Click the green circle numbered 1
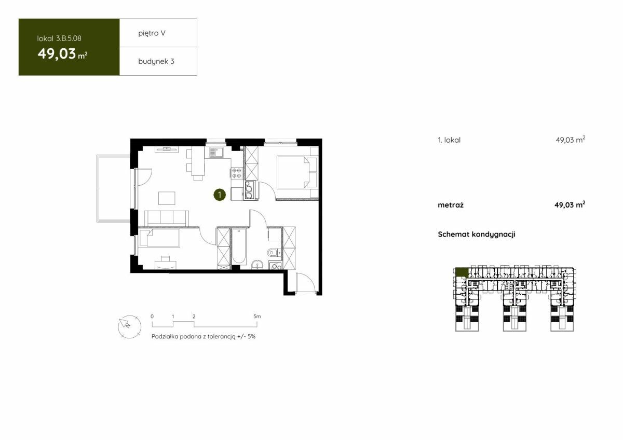click(220, 195)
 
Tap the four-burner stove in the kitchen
click(237, 173)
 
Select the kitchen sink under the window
click(216, 153)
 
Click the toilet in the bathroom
click(274, 253)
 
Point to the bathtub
click(239, 246)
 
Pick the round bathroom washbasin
click(258, 265)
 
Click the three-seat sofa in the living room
click(166, 218)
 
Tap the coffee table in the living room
click(167, 198)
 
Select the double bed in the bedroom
click(297, 172)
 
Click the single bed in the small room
click(160, 237)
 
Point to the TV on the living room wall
click(167, 149)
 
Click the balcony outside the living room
click(114, 188)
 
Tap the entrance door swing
click(306, 283)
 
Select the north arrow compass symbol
click(129, 326)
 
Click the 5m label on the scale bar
click(257, 317)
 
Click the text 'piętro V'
click(152, 33)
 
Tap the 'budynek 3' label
click(156, 61)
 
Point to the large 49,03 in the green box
click(57, 53)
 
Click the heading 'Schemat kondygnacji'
click(477, 235)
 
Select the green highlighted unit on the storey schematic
click(462, 272)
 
